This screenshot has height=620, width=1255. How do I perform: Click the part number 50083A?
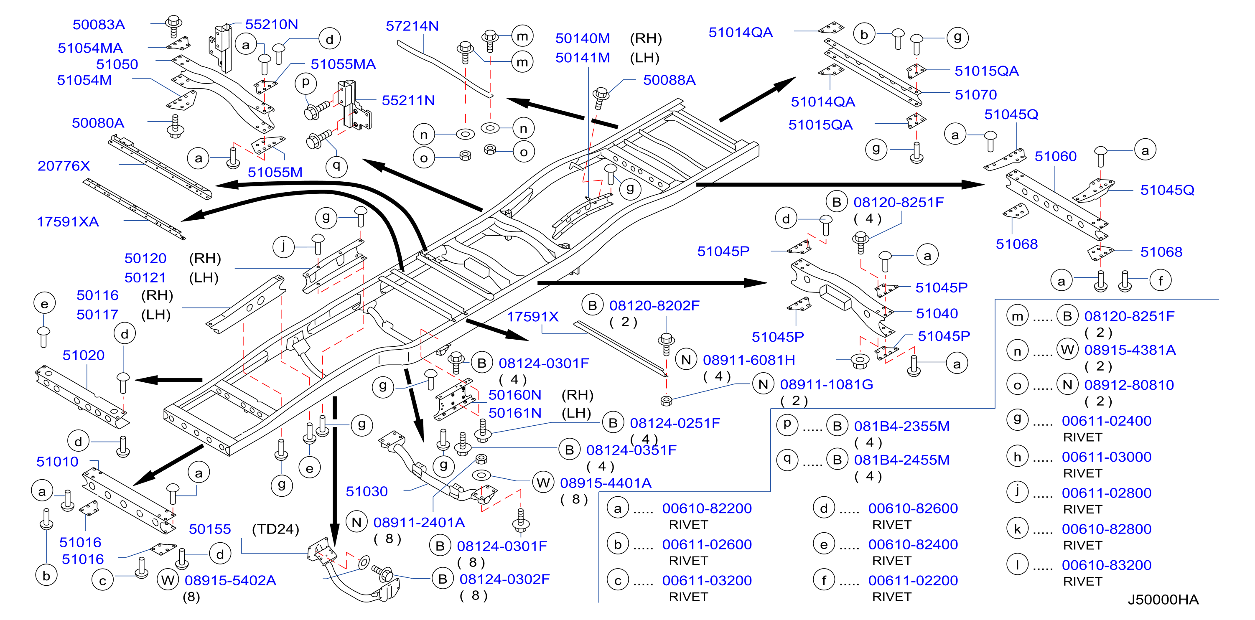(99, 24)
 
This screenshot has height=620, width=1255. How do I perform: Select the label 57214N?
(412, 26)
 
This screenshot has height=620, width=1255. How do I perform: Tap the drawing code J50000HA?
(1163, 600)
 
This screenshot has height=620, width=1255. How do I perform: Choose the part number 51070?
(976, 94)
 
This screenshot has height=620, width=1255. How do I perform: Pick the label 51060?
(1056, 156)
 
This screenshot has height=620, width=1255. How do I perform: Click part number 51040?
(937, 313)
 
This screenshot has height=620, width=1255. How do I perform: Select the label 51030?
(367, 491)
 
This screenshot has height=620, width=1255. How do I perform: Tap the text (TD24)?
(275, 529)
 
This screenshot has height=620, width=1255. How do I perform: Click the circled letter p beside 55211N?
(305, 83)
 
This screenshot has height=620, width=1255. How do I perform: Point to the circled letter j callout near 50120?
(283, 246)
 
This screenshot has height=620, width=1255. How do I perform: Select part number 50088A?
(670, 80)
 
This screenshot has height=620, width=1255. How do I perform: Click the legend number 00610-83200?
(1106, 565)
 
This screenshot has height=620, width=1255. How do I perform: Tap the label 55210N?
(271, 24)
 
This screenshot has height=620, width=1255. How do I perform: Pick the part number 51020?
(83, 355)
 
